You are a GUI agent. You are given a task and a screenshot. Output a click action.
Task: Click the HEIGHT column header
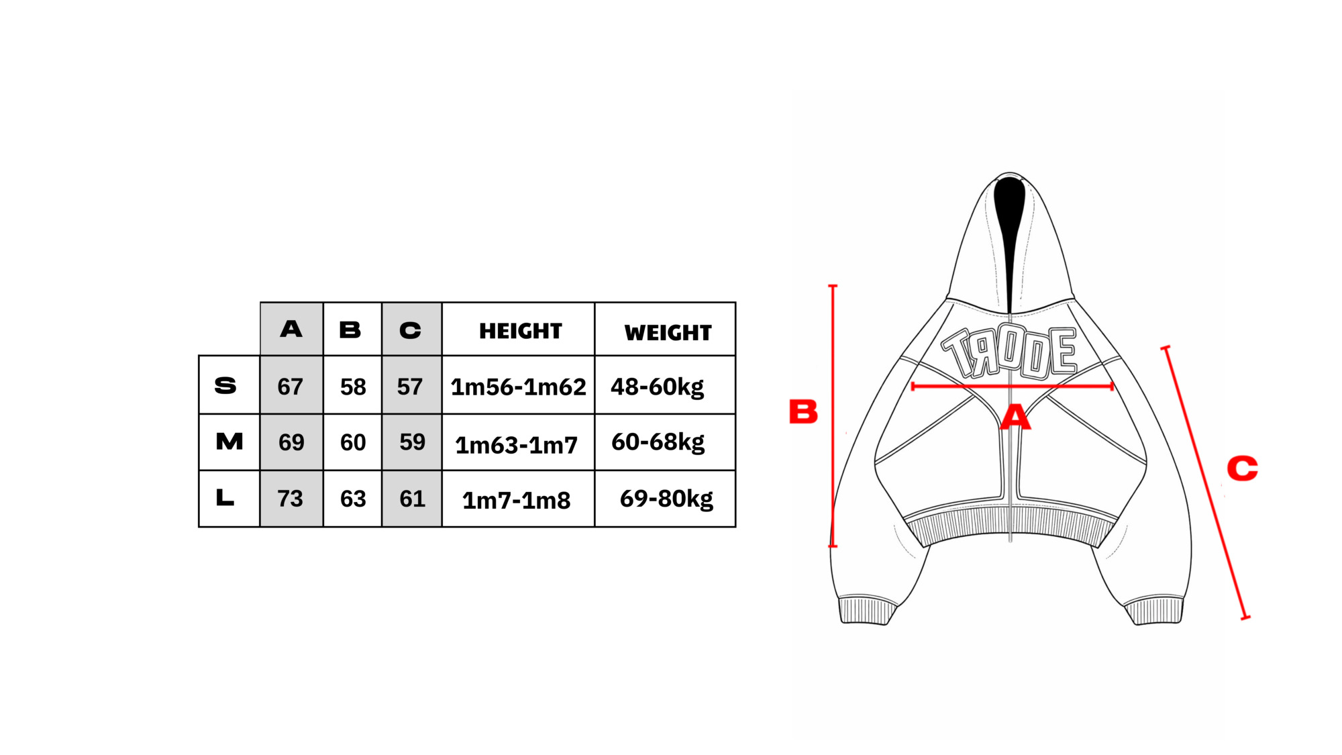click(x=520, y=331)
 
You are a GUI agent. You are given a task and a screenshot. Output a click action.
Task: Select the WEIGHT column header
click(x=668, y=332)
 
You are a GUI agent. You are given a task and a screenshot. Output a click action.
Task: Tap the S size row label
click(x=225, y=385)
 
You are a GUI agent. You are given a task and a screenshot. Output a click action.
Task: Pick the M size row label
click(x=229, y=441)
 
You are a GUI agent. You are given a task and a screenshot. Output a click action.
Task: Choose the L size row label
click(x=225, y=497)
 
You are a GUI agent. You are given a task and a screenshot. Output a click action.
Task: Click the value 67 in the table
click(x=290, y=387)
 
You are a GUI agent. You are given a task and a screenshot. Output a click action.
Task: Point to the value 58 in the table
click(x=353, y=387)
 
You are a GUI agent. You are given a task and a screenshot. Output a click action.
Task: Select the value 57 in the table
click(x=409, y=387)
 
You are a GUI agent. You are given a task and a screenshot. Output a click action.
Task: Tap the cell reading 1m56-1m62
click(x=518, y=387)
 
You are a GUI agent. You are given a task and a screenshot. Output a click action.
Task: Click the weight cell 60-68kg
click(x=658, y=442)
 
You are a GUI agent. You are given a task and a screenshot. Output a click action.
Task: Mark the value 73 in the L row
click(x=290, y=499)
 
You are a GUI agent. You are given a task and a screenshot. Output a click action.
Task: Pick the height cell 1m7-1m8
click(x=516, y=501)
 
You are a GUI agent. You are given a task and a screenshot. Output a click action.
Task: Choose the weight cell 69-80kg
click(x=666, y=499)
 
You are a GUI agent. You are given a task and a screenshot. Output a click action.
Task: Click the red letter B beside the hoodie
click(x=803, y=411)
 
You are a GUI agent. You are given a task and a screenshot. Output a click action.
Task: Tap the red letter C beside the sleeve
click(x=1242, y=468)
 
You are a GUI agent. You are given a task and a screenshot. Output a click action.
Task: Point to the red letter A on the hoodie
click(x=1015, y=417)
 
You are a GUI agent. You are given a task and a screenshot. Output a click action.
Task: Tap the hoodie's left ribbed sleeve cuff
click(x=867, y=610)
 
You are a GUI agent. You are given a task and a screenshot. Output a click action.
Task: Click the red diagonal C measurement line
click(x=1205, y=483)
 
